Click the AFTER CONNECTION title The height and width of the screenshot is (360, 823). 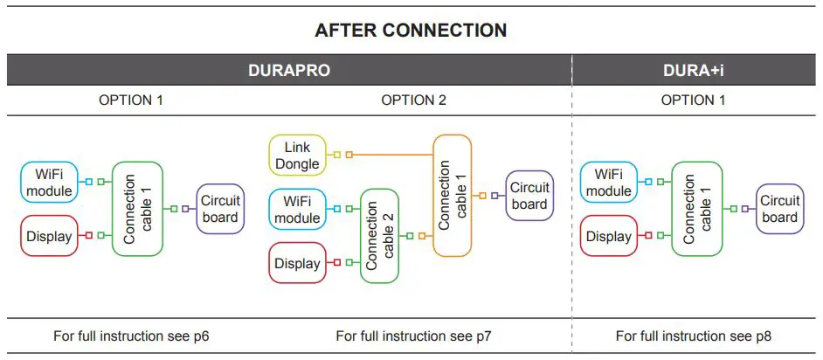(x=411, y=31)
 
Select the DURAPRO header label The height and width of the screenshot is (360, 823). (x=289, y=71)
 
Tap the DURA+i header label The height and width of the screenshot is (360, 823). (x=696, y=71)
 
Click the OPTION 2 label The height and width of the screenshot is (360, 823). (x=413, y=100)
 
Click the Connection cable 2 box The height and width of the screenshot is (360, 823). (x=385, y=236)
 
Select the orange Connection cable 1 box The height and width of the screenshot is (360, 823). (x=452, y=195)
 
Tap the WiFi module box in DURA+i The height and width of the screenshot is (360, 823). (x=608, y=182)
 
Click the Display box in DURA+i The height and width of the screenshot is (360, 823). (x=608, y=236)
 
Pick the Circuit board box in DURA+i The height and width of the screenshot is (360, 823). (x=779, y=209)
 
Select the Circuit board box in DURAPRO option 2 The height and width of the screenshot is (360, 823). (x=529, y=196)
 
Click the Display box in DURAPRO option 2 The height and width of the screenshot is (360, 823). (x=297, y=262)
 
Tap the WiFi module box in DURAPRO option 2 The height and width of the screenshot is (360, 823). (x=297, y=209)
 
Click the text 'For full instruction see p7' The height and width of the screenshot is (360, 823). (x=413, y=336)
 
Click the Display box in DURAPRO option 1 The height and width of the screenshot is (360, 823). (x=48, y=236)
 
